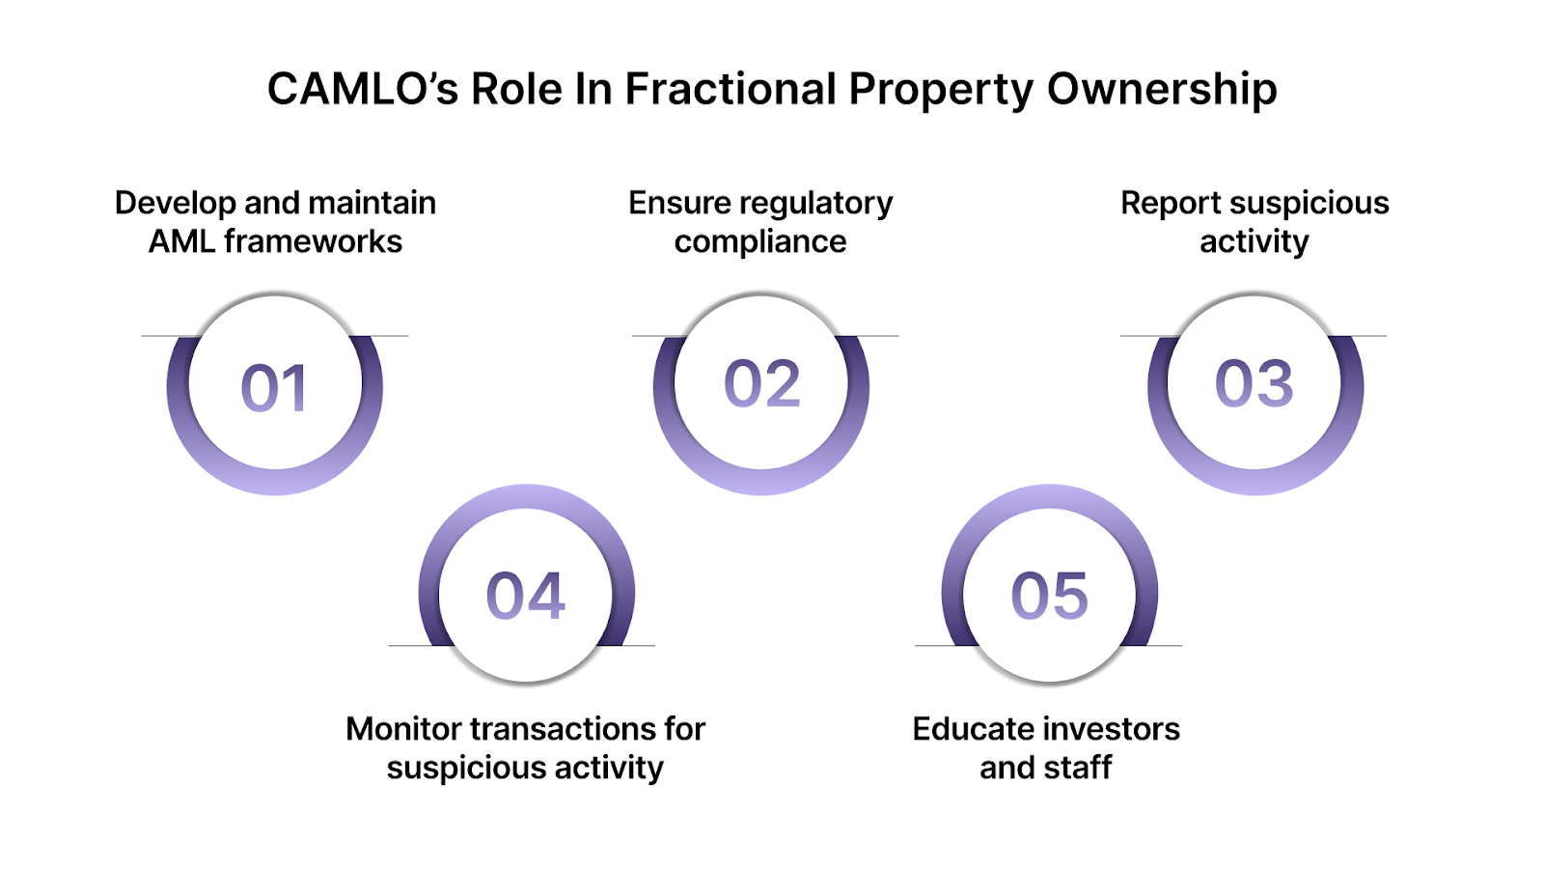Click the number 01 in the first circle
[x=274, y=388]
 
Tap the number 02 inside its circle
[x=761, y=383]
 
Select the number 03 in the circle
[x=1254, y=383]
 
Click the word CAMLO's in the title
[x=362, y=90]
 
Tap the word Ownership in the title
[x=1162, y=90]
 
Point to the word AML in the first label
[x=180, y=241]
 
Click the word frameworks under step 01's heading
[x=313, y=241]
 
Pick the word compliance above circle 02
[x=760, y=241]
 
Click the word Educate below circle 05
[x=974, y=729]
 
